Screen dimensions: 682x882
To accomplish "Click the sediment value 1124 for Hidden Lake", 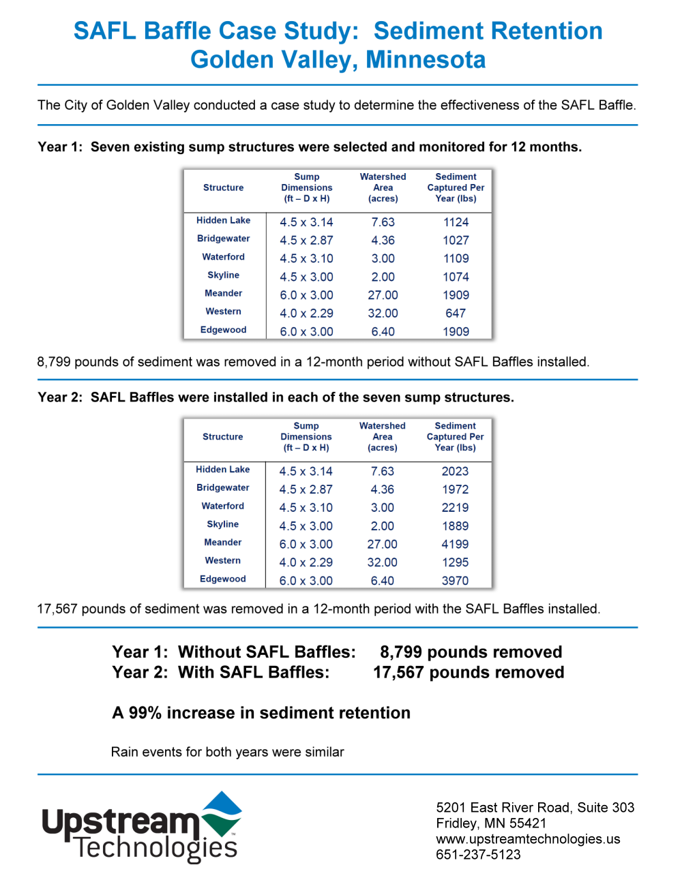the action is point(456,222).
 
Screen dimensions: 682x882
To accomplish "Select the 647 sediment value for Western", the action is point(456,313).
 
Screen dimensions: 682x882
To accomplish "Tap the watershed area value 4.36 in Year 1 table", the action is point(383,241).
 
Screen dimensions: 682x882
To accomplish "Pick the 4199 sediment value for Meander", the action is point(455,544).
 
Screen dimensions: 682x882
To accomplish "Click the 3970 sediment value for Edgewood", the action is point(455,581).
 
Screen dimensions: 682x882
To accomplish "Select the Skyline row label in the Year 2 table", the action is point(222,524).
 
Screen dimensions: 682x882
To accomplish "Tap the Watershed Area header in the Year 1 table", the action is point(383,187).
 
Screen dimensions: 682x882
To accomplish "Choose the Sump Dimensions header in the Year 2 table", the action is point(306,437).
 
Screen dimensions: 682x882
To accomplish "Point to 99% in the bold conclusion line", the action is point(145,713).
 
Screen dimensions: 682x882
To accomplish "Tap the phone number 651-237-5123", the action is point(478,855).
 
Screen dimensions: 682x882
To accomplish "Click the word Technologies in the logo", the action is point(157,849).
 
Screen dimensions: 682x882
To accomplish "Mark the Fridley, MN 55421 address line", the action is point(491,823).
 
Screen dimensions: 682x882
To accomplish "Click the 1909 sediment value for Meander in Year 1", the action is point(456,295).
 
